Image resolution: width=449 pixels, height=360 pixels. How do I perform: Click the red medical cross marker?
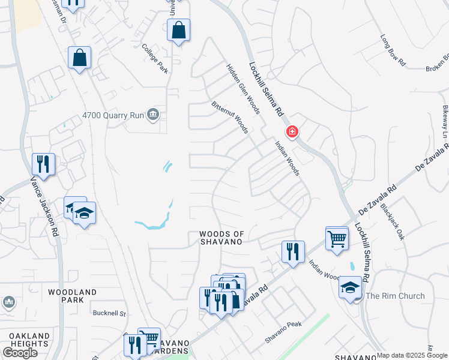point(292,131)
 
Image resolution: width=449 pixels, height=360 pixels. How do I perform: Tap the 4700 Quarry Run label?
point(114,115)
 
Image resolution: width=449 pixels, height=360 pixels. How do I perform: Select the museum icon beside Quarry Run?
point(154,115)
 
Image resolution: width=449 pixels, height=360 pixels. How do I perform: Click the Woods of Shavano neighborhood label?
point(221,237)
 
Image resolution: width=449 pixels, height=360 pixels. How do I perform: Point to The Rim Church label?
point(395,296)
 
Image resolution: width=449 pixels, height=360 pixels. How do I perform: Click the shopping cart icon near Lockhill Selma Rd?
point(337,238)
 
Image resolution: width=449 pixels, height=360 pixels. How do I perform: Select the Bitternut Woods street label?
point(230,118)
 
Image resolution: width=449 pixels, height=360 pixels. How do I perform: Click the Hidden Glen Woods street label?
point(243,88)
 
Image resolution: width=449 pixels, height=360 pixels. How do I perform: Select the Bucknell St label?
point(109,313)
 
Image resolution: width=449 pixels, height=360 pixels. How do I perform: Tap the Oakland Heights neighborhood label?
point(25,340)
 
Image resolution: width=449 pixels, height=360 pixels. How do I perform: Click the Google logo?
point(20,353)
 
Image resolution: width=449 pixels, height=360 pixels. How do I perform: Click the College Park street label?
point(155,58)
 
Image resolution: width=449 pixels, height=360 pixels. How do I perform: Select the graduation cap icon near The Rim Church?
point(350,287)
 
